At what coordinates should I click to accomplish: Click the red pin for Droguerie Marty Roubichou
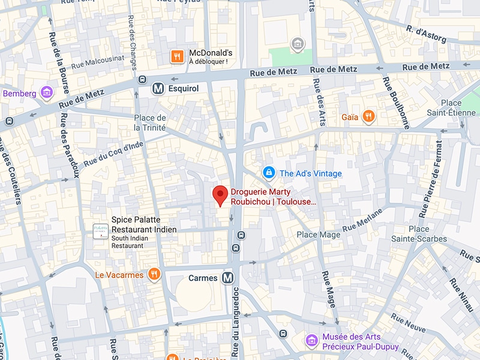tap(221, 195)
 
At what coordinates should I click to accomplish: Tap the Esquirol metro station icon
tap(158, 88)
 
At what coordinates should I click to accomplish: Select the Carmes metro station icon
tap(227, 278)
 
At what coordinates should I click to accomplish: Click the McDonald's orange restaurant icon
tap(176, 56)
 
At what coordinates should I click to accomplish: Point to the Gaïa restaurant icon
tap(369, 116)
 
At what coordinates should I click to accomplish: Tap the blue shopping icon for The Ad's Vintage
tap(269, 173)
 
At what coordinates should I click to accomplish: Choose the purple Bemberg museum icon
tap(46, 93)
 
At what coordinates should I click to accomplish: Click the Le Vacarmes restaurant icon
tap(154, 275)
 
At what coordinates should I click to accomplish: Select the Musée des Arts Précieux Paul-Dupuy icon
tap(311, 341)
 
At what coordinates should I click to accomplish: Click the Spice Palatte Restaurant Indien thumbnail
tap(100, 231)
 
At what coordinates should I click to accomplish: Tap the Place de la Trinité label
tap(150, 122)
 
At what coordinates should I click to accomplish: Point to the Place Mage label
tap(319, 235)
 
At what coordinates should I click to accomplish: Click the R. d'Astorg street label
tap(426, 34)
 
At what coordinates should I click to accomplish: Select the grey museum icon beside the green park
tap(296, 44)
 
